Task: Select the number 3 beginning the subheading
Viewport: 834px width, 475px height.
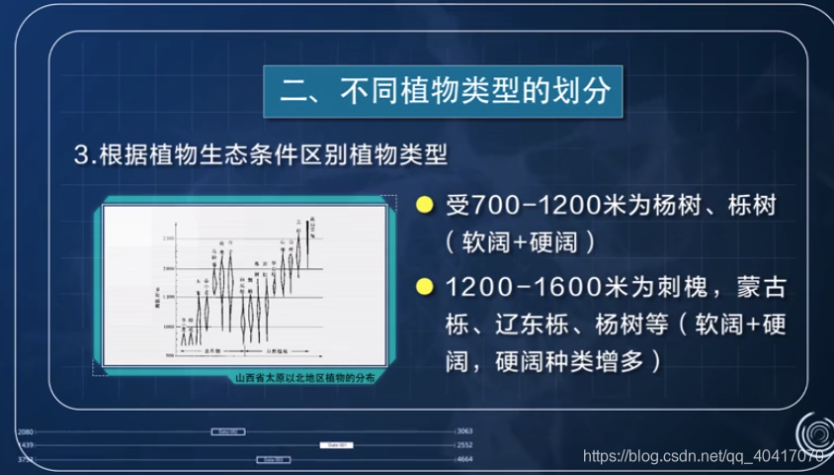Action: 81,155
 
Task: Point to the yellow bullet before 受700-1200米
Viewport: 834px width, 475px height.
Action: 424,207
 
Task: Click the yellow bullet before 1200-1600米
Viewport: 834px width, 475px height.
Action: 424,288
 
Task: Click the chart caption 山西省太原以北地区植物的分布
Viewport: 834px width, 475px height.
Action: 304,377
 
